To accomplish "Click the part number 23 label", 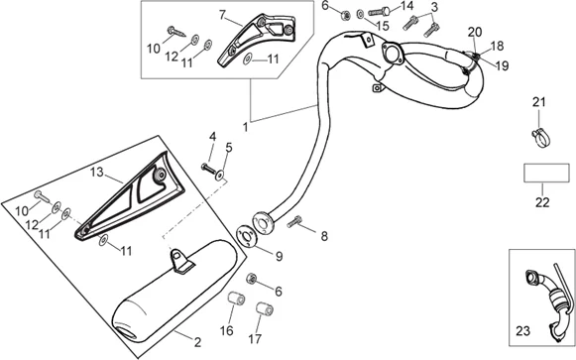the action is click(x=522, y=331).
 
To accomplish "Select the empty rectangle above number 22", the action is click(x=546, y=173).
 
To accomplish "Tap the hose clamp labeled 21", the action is click(x=541, y=138).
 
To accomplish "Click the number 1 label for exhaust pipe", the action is click(x=246, y=127).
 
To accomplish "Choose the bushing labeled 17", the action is click(x=265, y=309).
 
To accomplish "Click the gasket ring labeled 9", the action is click(x=246, y=236).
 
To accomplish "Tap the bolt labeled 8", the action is click(x=294, y=222).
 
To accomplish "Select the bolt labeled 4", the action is click(x=207, y=168).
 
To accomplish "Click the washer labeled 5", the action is click(x=220, y=176).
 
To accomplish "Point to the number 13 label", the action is click(x=97, y=172).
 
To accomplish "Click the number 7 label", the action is click(x=222, y=15).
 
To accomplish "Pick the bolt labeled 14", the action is click(x=379, y=12).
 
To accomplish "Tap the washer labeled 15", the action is click(x=361, y=14).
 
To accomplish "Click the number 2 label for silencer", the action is click(x=197, y=343).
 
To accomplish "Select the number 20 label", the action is click(x=475, y=32).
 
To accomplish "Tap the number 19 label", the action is click(x=502, y=65).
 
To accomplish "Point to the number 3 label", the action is click(x=434, y=7).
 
